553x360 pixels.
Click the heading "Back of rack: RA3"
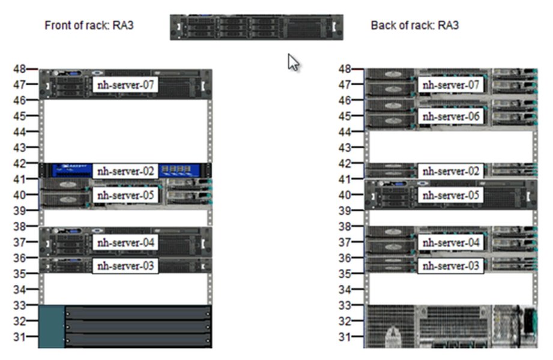(414, 26)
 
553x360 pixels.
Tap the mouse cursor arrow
(293, 62)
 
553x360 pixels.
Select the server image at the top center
(256, 28)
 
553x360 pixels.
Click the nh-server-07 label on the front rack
(125, 85)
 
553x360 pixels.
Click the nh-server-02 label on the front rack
(125, 171)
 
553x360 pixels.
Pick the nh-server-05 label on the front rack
(125, 195)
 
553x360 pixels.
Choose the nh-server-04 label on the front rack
(125, 242)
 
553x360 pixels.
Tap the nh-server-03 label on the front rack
(125, 265)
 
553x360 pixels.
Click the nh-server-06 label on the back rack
(451, 116)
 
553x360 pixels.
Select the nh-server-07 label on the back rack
(451, 85)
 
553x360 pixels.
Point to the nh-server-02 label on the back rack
(451, 171)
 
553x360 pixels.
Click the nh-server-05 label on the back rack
(451, 195)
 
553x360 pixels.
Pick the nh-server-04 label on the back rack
(451, 242)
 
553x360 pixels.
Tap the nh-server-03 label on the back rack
(451, 265)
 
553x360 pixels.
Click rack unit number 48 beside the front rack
(19, 69)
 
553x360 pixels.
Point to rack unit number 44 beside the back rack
(345, 131)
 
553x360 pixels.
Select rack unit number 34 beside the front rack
(19, 289)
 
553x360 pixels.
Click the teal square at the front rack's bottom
(52, 326)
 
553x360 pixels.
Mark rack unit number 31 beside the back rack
(345, 337)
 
